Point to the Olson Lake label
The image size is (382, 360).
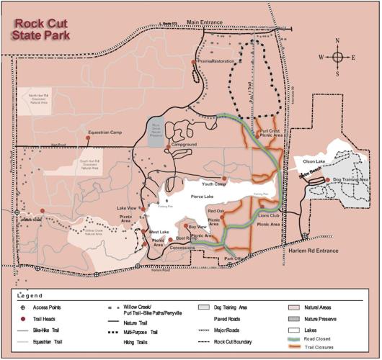[x=316, y=162]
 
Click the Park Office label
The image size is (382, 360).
[x=235, y=258]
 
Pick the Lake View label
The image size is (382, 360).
[x=127, y=209]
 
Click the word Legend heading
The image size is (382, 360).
[x=30, y=295]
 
